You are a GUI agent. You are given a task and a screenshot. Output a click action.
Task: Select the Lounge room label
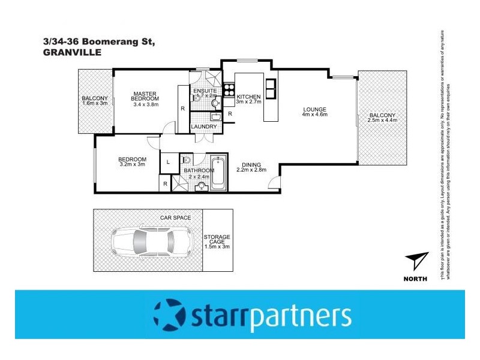pos(314,109)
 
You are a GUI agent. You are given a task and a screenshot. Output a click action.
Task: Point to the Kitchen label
pos(248,97)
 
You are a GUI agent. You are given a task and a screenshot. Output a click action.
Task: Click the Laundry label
pos(203,127)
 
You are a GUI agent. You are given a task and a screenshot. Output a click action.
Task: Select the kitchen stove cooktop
pos(228,90)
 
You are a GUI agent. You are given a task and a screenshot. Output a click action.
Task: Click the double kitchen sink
pos(269,88)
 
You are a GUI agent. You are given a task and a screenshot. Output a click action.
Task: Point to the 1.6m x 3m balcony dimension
pos(95,104)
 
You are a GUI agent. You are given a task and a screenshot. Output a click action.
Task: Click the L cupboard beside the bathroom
pos(167,162)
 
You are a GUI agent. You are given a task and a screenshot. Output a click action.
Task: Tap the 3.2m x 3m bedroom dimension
pos(133,164)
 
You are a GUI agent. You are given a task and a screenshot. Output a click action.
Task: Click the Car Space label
pos(175,217)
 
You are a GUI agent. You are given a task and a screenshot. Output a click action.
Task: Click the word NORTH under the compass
pos(415,278)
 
